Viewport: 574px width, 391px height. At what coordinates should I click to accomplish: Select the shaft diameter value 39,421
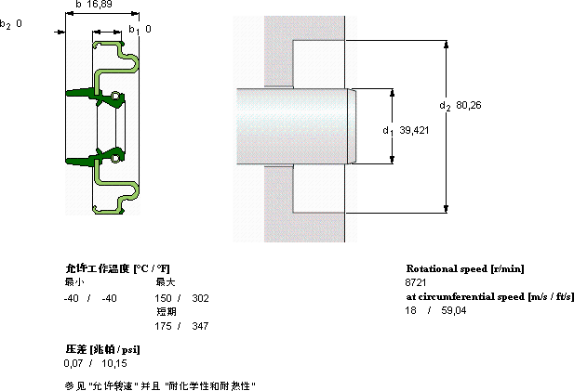pyautogui.click(x=415, y=131)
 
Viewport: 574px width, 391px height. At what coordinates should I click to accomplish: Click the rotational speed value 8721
pyautogui.click(x=416, y=281)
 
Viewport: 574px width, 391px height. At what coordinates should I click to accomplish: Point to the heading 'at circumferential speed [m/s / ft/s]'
pyautogui.click(x=489, y=296)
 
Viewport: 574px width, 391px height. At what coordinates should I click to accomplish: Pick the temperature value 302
pyautogui.click(x=200, y=297)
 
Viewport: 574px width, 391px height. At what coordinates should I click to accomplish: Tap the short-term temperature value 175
pyautogui.click(x=163, y=326)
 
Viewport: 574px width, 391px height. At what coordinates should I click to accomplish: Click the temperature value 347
pyautogui.click(x=200, y=326)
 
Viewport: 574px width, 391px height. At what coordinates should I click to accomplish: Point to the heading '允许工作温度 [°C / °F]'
pyautogui.click(x=117, y=268)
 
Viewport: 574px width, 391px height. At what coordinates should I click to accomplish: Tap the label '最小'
pyautogui.click(x=73, y=281)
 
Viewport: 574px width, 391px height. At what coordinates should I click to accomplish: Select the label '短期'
pyautogui.click(x=167, y=311)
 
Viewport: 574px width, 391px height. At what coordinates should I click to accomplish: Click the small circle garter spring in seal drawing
pyautogui.click(x=115, y=96)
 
